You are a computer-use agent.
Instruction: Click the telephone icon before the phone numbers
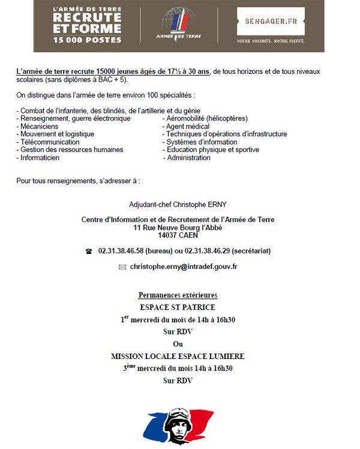89,251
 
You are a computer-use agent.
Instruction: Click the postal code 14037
160,235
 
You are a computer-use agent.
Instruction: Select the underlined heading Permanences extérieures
178,295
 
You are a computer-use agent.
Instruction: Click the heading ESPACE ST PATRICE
178,307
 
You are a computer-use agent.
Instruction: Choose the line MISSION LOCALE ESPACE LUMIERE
178,356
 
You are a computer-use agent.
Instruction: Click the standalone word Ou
178,344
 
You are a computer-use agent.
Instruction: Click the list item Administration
189,158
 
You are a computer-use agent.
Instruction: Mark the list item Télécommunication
50,142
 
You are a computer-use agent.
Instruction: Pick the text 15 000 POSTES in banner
88,40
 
